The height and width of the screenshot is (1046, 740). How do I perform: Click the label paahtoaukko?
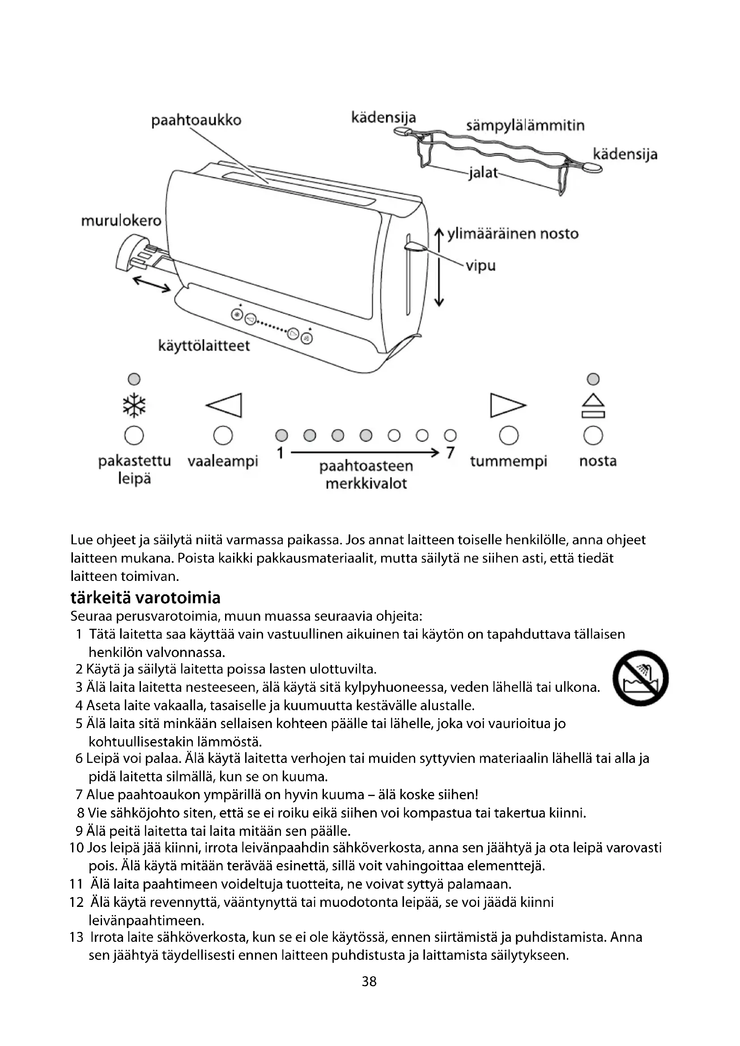pos(196,120)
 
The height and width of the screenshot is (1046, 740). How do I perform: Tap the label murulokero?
pos(121,221)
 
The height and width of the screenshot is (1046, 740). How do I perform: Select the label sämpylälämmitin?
pos(525,125)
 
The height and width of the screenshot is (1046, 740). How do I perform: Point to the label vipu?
pos(480,266)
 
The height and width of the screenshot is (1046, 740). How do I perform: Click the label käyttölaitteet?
pos(204,346)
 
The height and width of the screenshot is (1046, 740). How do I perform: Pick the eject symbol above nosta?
pos(593,406)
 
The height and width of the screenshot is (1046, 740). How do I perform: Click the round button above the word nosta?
pos(593,436)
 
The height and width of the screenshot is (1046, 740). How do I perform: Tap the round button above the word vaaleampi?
pos(223,436)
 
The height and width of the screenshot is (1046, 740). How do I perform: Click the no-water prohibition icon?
pos(640,678)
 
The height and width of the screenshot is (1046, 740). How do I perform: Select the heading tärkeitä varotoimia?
pos(145,597)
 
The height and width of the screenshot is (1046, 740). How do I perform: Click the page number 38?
pos(369,981)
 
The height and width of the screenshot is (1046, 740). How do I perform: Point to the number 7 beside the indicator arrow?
pos(450,453)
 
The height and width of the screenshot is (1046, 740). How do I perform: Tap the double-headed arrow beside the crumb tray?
pos(152,285)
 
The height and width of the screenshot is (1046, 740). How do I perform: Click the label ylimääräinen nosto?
pos(513,234)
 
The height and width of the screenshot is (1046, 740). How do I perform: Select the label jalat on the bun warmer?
pos(483,174)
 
